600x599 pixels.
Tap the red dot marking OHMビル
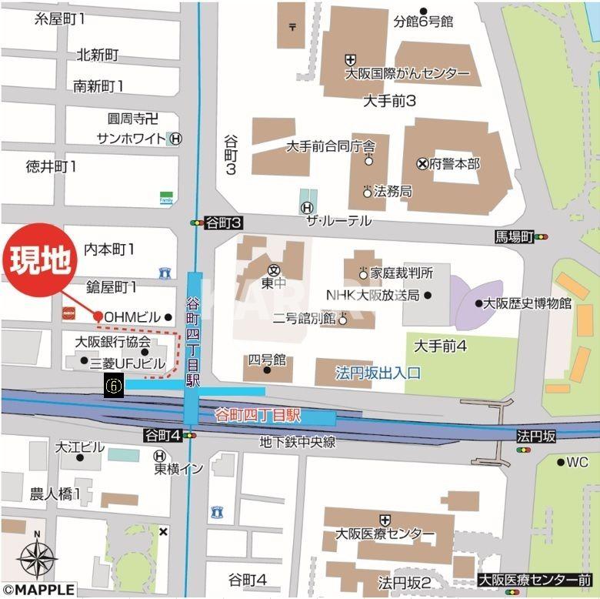coord(98,316)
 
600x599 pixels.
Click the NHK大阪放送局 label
coord(372,295)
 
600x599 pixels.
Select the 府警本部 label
coord(455,163)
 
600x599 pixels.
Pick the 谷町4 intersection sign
coord(162,436)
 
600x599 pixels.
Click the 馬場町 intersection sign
coord(515,237)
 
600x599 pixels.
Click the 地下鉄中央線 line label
coord(297,442)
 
